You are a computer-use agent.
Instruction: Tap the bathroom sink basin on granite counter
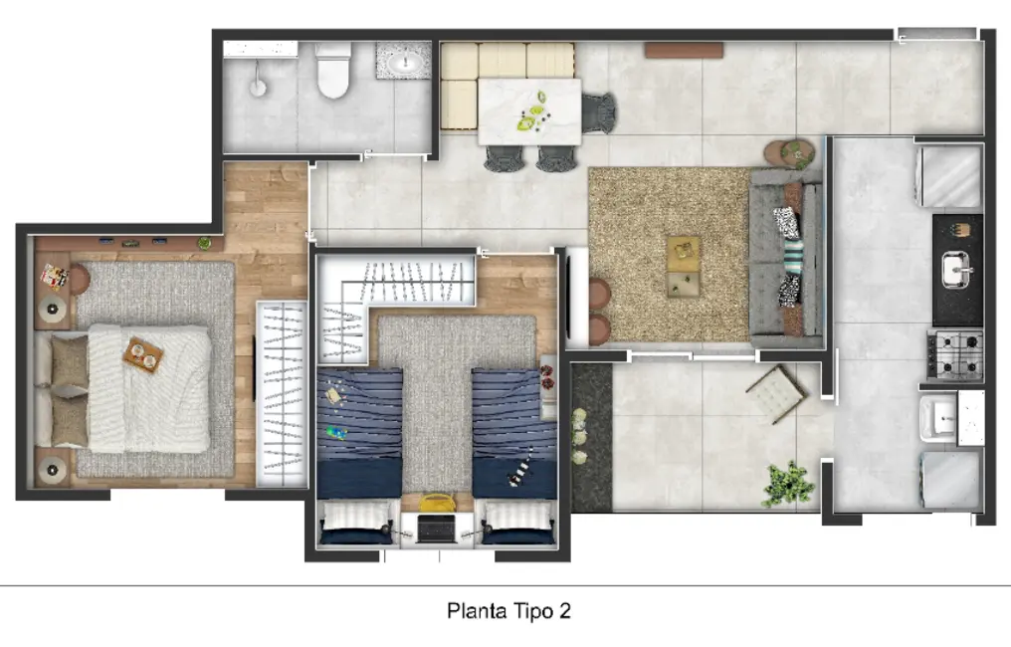[x=404, y=64]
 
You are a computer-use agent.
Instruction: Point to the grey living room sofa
[x=786, y=258]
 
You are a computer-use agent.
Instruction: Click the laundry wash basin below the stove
[x=940, y=418]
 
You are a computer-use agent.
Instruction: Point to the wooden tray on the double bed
[x=143, y=354]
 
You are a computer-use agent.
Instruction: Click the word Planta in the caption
[x=473, y=610]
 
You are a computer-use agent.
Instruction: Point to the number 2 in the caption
[x=564, y=610]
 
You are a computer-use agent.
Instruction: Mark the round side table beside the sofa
[x=795, y=153]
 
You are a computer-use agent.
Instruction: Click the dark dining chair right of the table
[x=599, y=110]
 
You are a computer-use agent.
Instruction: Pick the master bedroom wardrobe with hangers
[x=281, y=393]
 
